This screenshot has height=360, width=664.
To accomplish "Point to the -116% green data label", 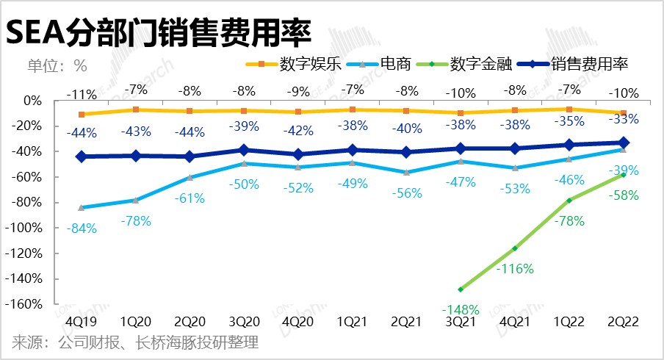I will click(514, 269).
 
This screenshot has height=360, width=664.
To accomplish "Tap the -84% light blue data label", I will click(81, 228).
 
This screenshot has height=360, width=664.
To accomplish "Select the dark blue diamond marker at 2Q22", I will click(623, 143).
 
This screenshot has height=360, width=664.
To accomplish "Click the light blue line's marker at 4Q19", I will click(81, 207).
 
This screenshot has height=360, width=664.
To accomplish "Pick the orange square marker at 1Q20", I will click(137, 109).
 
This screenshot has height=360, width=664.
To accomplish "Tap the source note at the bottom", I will click(135, 343).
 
